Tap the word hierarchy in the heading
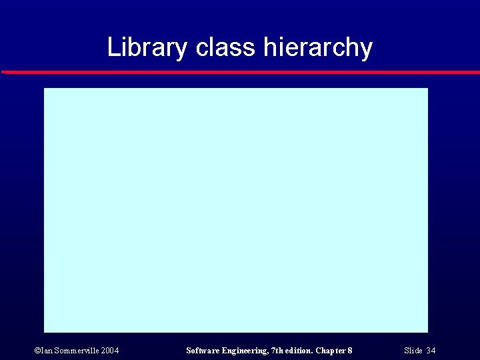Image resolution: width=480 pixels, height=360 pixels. coord(318,47)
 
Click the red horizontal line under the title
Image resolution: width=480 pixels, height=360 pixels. coord(240,71)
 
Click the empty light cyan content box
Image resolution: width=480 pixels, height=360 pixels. coord(235,209)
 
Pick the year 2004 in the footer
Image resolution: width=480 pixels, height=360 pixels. coord(110,351)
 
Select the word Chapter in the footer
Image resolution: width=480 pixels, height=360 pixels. coord(331,351)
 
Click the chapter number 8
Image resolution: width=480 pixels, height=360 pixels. coord(350,351)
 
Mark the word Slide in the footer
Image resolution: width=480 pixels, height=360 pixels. coord(413,351)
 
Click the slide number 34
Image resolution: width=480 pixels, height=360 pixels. coord(431,351)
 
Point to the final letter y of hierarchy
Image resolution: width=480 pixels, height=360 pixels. coord(366,49)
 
